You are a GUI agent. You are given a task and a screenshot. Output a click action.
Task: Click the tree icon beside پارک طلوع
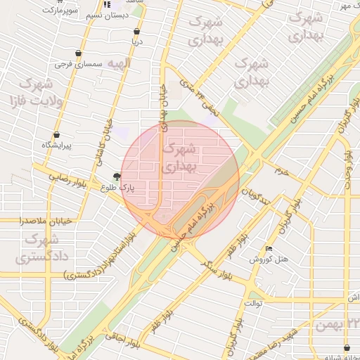point(117,178)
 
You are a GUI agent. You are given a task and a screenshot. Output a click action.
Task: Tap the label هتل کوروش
point(269,259)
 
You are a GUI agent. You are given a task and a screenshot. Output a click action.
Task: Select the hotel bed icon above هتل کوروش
point(269,249)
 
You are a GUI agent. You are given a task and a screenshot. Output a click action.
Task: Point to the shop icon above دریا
point(136,32)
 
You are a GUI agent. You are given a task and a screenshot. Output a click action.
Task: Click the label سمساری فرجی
point(79,64)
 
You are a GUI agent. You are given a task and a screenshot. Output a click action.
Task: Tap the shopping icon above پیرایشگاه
point(56,134)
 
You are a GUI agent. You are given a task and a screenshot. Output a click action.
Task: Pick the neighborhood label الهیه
point(119,64)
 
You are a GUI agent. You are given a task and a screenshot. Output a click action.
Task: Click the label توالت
point(252,303)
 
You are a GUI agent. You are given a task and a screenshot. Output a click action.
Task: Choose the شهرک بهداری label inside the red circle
point(180,158)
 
